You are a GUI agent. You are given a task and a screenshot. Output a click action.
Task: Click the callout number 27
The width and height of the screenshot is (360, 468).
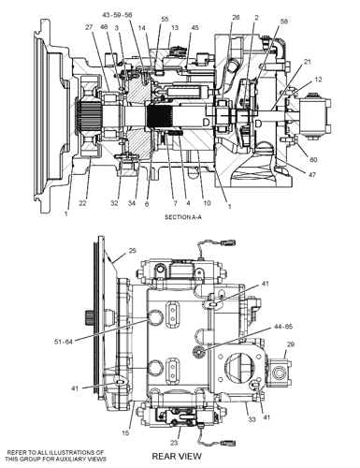coord(89,27)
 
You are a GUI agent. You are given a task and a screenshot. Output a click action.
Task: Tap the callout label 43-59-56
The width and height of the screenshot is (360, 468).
coord(117,15)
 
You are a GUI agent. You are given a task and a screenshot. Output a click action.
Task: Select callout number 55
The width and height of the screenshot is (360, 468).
coord(165,19)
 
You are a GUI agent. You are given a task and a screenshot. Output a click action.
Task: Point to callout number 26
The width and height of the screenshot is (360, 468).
coord(236,17)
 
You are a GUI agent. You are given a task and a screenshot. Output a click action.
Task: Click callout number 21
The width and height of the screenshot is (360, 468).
coord(308,62)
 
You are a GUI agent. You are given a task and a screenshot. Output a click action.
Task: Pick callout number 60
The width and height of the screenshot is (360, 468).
coord(313,160)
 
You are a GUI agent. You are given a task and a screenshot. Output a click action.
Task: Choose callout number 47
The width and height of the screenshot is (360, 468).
coord(312,175)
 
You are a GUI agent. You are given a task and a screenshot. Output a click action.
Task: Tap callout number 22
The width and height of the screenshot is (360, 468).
coord(82,203)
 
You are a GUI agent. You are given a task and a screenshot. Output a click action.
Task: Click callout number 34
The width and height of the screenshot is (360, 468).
coord(132,203)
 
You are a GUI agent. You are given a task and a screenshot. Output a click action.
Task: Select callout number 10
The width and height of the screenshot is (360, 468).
coord(207,203)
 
